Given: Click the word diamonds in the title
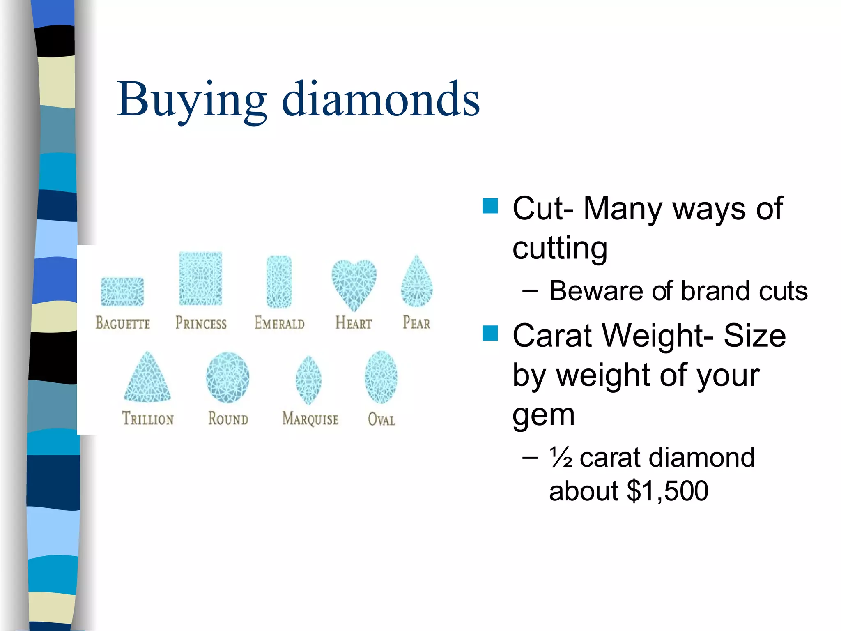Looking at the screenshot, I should (381, 99).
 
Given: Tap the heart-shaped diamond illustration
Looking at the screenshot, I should (354, 283).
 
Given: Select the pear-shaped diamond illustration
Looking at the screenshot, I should (417, 283).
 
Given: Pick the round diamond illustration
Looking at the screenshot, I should (227, 377).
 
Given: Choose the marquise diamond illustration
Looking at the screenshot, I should (309, 380).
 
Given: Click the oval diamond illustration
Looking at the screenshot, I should (381, 377).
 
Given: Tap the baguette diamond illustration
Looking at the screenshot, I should (122, 292).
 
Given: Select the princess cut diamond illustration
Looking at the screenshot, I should (200, 279).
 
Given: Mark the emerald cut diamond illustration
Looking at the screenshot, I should (279, 282).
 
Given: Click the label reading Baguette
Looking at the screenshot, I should (123, 323).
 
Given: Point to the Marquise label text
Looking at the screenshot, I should (310, 419).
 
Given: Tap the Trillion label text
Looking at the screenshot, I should (148, 419).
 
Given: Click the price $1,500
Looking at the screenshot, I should (668, 491).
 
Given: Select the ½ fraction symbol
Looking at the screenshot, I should (561, 458).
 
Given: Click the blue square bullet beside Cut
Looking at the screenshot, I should (490, 206).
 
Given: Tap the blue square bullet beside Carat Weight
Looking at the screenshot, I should (490, 333).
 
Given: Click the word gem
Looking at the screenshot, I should (543, 416).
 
